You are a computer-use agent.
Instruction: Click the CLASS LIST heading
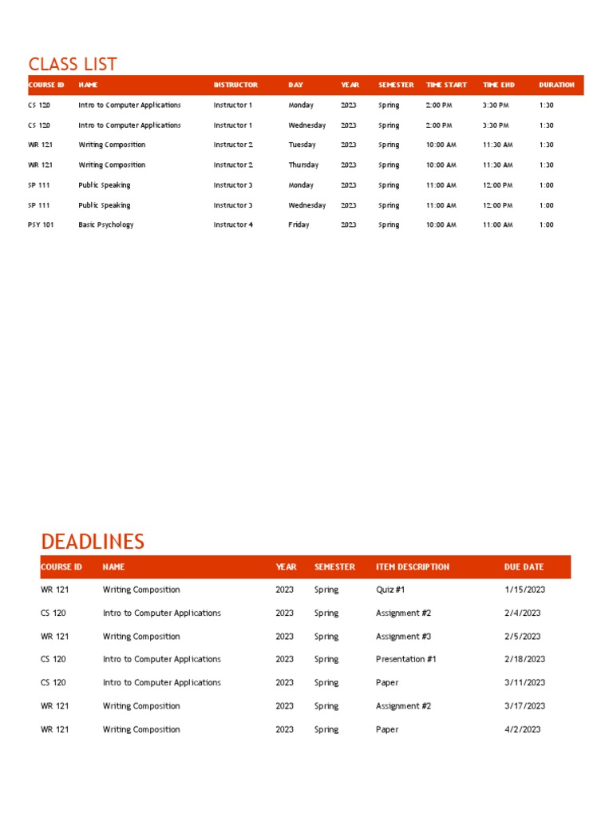(x=73, y=64)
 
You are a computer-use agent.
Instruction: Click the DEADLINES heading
(x=93, y=541)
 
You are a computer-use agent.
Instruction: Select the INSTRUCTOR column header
(x=235, y=85)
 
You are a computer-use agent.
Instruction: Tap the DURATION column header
(x=556, y=85)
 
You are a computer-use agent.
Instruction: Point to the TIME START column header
(x=446, y=85)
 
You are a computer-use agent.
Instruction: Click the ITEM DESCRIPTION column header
(x=412, y=566)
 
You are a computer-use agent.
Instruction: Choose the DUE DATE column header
(x=524, y=566)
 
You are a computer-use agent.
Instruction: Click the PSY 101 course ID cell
(x=41, y=224)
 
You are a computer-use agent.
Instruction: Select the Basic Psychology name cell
(x=106, y=224)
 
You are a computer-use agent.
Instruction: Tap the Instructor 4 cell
(x=233, y=224)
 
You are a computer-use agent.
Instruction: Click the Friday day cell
(x=299, y=224)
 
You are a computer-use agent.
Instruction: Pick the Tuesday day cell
(x=302, y=145)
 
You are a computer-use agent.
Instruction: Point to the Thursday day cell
(x=303, y=165)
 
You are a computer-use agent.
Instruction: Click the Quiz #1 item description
(x=390, y=590)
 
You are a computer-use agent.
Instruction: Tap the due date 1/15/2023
(x=524, y=590)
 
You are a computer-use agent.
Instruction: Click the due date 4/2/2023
(x=522, y=729)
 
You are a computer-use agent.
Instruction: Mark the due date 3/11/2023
(x=524, y=682)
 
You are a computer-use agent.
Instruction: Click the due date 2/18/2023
(x=524, y=659)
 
